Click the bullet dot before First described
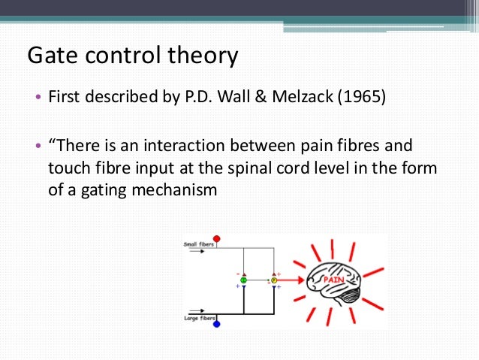(x=38, y=99)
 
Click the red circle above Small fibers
(x=217, y=239)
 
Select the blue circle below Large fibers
(x=216, y=324)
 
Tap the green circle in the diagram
(x=243, y=280)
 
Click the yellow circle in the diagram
(x=273, y=280)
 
